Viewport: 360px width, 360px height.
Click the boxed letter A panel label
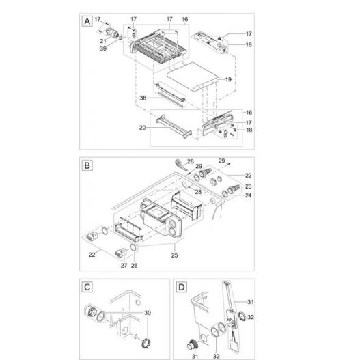point(87,21)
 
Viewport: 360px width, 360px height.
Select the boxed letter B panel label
point(87,165)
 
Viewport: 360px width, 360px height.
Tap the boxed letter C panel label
point(87,287)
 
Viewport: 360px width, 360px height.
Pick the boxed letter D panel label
point(182,287)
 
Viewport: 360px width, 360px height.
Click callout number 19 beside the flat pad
point(228,79)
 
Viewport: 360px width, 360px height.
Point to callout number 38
point(143,98)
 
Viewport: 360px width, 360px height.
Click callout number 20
point(143,128)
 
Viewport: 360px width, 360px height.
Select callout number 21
point(103,41)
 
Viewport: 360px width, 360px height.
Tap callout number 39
point(103,49)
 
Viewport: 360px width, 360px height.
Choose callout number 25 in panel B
point(174,255)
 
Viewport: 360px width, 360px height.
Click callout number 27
point(124,266)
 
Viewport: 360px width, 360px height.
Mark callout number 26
point(135,266)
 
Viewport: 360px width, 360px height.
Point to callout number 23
point(249,186)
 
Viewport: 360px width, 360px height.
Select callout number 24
point(249,195)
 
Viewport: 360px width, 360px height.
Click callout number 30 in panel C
point(148,313)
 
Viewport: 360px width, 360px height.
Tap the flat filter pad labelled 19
point(193,77)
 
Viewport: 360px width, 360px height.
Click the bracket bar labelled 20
point(174,127)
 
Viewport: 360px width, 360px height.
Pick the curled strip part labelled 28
point(180,165)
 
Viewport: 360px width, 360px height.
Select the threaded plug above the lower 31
point(191,344)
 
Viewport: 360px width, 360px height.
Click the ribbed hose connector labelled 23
point(234,189)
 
